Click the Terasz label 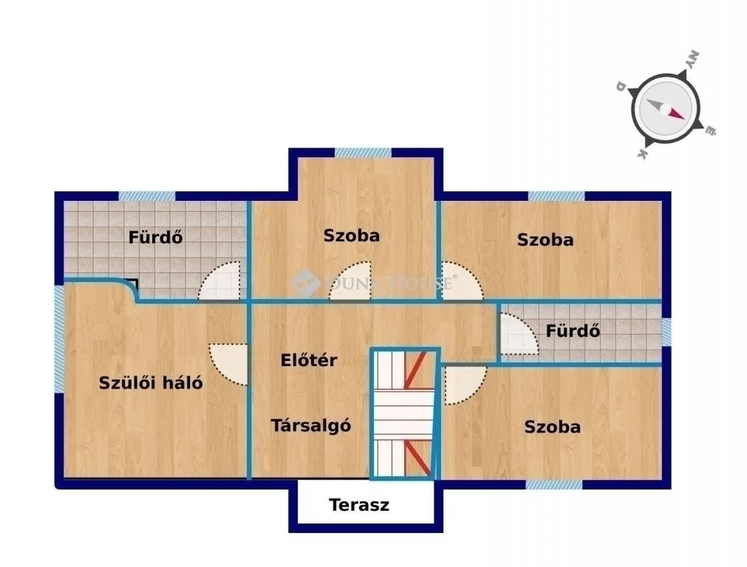(x=359, y=506)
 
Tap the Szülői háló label (x=151, y=383)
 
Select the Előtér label (x=309, y=360)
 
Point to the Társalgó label (x=310, y=425)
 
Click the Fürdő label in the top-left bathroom (x=155, y=238)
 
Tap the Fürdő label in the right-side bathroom (x=573, y=331)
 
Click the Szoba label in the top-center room (x=351, y=236)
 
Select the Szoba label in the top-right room (x=545, y=239)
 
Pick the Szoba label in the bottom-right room (x=552, y=427)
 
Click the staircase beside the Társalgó (x=404, y=413)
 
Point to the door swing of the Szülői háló (x=228, y=363)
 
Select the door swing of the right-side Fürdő (x=519, y=334)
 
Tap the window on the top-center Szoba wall (x=363, y=153)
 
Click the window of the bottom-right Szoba (x=553, y=484)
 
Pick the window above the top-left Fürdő (x=147, y=196)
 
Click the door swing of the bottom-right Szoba (x=463, y=384)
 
